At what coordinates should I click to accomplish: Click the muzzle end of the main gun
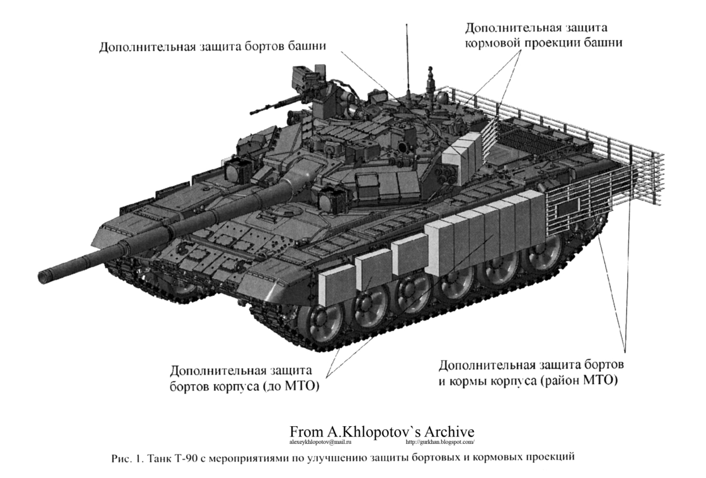45,274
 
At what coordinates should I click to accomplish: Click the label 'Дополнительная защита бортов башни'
212,46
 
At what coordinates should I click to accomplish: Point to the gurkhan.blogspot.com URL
440,442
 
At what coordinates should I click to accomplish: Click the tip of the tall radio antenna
407,26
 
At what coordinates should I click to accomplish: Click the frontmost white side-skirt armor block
336,284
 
